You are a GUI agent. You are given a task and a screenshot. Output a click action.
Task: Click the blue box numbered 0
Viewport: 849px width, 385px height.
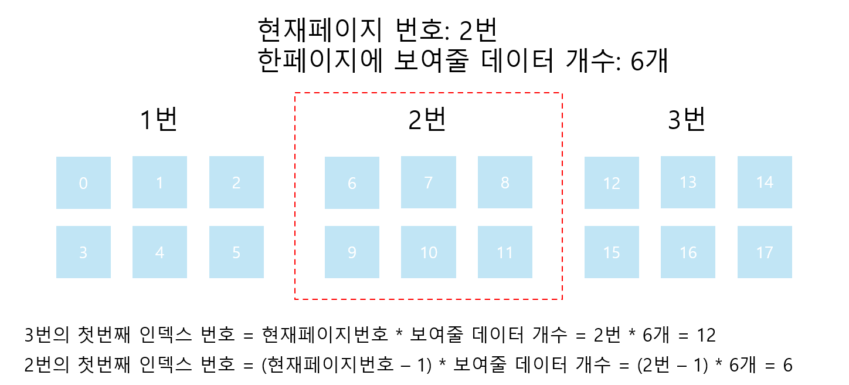coord(83,183)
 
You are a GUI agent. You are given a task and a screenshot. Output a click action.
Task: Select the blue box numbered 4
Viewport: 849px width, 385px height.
coord(159,252)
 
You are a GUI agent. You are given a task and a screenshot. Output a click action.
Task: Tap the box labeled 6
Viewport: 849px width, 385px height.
coord(352,183)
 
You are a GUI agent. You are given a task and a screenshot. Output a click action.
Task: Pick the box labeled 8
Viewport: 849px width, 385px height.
coord(505,183)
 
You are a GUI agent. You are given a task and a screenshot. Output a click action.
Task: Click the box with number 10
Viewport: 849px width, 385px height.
coord(429,252)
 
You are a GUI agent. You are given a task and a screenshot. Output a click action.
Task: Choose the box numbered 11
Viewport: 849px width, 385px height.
coord(505,252)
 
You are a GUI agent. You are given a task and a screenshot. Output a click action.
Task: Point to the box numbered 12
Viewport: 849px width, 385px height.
coord(612,183)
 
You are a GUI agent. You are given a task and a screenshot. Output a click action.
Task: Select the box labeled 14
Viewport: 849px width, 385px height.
coord(765,182)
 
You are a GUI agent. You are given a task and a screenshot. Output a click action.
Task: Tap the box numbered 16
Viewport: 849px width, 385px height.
coord(688,252)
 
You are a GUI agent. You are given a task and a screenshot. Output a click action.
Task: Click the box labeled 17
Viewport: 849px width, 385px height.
coord(765,252)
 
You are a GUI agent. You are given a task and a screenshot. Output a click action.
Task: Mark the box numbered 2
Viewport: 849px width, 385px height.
coord(236,183)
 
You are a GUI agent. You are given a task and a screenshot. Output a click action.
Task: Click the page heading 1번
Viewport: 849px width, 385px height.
coord(158,120)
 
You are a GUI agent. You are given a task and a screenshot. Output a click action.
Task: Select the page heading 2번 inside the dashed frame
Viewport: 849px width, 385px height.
coord(427,120)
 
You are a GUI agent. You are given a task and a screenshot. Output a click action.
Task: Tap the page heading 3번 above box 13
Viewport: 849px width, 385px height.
coord(687,120)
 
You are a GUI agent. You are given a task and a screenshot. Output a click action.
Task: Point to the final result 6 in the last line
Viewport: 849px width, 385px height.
coord(787,365)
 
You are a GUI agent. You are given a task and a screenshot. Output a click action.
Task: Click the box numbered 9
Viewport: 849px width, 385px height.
coord(352,252)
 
